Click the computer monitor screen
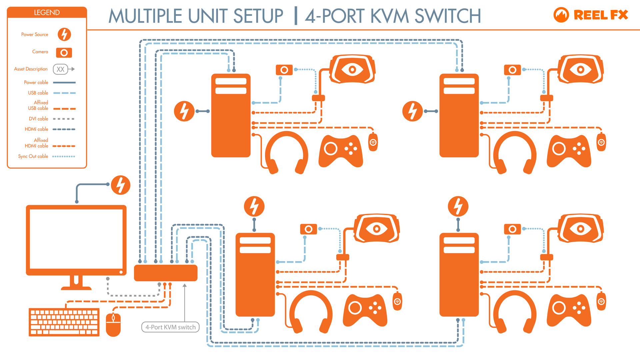point(76,239)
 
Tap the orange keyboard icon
point(64,322)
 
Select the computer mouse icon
point(113,325)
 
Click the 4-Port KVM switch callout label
point(170,327)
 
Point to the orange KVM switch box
point(166,273)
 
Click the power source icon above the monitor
point(120,185)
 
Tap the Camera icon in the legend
point(64,53)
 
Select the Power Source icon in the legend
point(64,34)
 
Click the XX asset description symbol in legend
point(60,69)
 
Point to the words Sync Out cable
point(33,156)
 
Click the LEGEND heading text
point(47,13)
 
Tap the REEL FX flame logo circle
point(561,15)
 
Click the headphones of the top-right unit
point(515,153)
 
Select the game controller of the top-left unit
point(341,151)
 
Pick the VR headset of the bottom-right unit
point(580,229)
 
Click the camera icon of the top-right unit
point(512,70)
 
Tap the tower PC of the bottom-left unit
point(255,275)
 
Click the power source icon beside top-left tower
point(184,111)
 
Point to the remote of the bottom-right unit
point(601,301)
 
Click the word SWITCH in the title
point(447,16)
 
